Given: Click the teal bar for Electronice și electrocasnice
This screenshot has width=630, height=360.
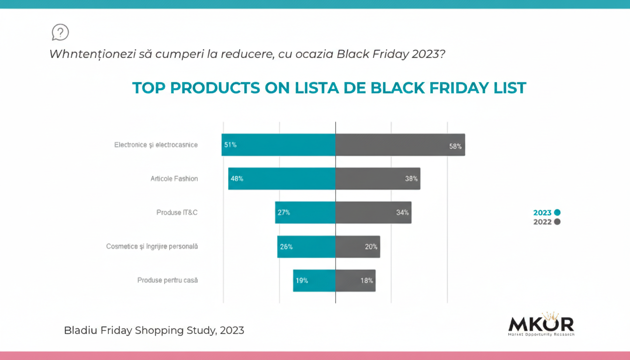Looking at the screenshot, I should tap(278, 145).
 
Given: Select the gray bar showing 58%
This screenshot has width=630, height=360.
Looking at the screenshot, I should tap(400, 145).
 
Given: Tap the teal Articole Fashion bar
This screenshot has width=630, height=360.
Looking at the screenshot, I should tap(282, 179).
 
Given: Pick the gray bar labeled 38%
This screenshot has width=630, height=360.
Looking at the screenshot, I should tap(377, 179).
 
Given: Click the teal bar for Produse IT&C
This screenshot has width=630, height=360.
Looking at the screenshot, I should tap(305, 212).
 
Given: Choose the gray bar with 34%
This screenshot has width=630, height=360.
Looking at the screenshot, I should tap(373, 212).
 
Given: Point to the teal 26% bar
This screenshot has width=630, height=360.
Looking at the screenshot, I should tap(306, 247).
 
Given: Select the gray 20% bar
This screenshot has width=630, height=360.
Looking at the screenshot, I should tap(357, 247).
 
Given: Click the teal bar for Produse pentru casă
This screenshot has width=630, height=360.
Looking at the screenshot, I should tap(314, 281).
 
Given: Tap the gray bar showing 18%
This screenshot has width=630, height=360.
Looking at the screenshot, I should tap(355, 281).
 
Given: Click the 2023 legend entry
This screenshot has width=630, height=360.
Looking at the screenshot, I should tap(547, 213).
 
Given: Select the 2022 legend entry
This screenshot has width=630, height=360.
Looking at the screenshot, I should tap(547, 222).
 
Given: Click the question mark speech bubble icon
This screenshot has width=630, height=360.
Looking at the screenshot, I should tap(60, 32).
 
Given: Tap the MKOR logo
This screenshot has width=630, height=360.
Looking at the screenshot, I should tap(541, 324).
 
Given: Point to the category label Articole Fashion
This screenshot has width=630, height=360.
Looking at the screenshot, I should tap(174, 179).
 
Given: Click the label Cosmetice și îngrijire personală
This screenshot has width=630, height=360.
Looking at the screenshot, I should tap(152, 246).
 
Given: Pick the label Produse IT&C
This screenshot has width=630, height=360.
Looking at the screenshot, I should tap(177, 212).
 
